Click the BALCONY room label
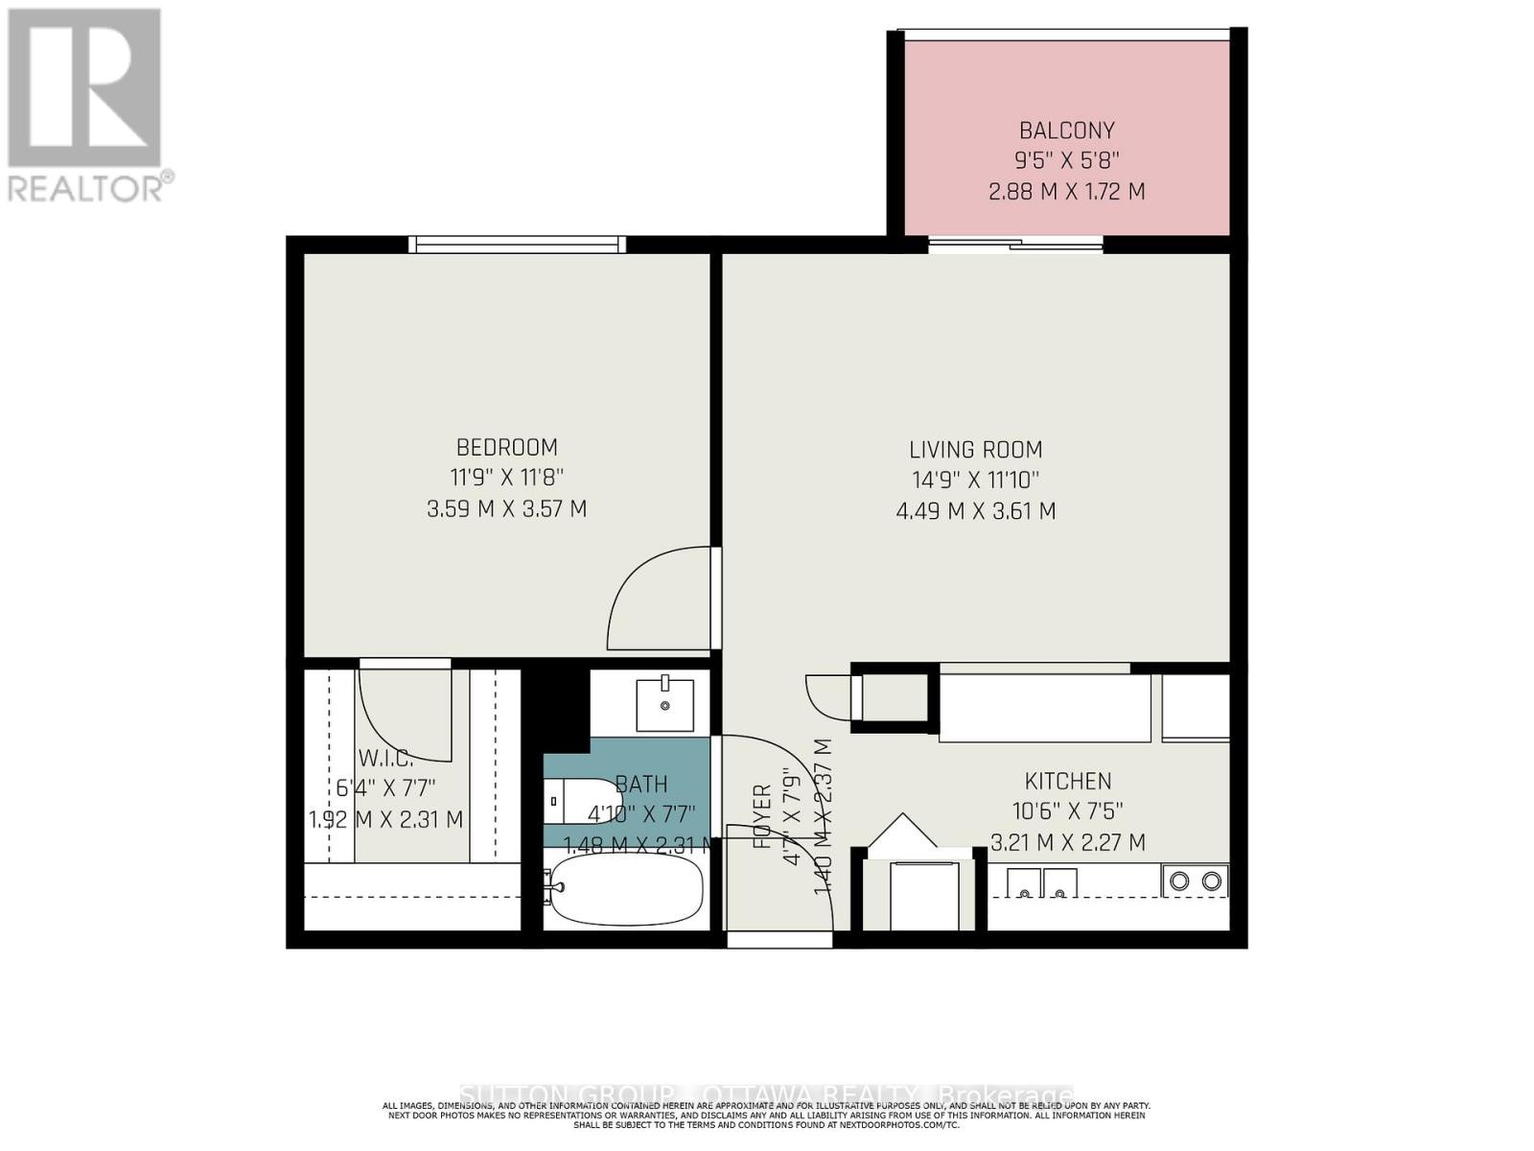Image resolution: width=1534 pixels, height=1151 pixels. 1066,130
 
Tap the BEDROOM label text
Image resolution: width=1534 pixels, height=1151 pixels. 506,447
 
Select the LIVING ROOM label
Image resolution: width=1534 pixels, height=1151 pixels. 975,449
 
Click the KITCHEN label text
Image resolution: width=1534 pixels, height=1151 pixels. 1067,781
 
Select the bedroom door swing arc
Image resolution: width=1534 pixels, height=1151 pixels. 652,599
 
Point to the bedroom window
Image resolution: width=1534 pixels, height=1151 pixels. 518,245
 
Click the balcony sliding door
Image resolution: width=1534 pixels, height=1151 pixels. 1016,246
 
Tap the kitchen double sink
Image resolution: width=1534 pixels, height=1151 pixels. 1042,882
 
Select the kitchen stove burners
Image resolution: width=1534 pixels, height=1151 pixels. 1195,881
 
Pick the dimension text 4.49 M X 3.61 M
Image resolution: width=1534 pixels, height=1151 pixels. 975,511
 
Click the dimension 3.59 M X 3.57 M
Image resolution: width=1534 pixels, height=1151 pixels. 506,509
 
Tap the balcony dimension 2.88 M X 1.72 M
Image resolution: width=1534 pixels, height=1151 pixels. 1066,191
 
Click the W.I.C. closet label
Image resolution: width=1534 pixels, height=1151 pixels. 385,758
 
